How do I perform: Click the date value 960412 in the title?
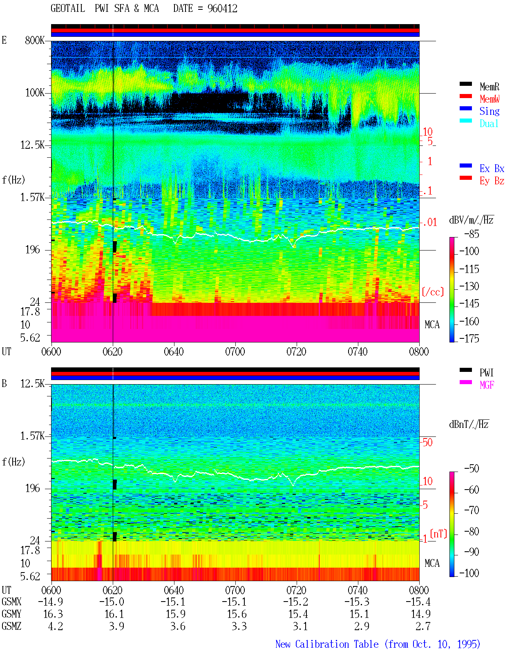(x=222, y=9)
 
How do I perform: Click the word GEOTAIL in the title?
(x=68, y=9)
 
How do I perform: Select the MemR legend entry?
(x=489, y=87)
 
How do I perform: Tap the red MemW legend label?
(x=489, y=99)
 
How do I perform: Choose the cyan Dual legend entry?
(x=489, y=123)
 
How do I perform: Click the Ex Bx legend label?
(x=492, y=168)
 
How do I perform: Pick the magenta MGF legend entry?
(x=487, y=385)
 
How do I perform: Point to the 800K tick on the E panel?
(x=35, y=40)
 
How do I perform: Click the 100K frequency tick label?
(x=35, y=93)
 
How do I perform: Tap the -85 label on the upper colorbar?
(x=471, y=234)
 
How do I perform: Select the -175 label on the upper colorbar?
(x=469, y=338)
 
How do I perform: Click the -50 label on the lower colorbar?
(x=471, y=469)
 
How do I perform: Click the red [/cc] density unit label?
(x=433, y=292)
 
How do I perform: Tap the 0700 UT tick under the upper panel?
(x=235, y=352)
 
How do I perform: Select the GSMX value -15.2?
(x=295, y=602)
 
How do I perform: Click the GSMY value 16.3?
(x=53, y=614)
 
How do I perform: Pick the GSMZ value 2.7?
(x=423, y=626)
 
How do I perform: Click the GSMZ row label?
(x=11, y=626)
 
